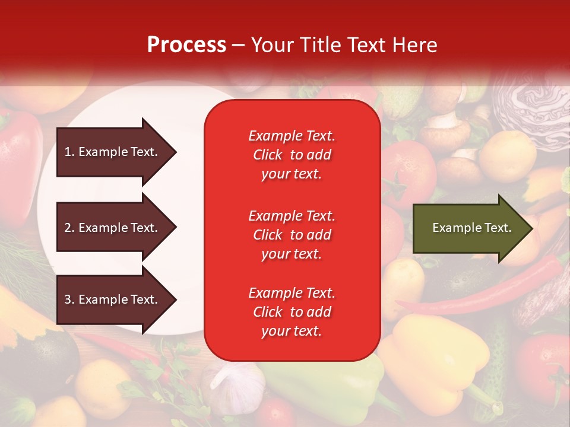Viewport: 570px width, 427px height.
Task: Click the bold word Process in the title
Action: (186, 45)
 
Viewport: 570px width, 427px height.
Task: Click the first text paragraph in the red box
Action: (292, 155)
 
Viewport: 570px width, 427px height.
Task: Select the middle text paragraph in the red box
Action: (292, 235)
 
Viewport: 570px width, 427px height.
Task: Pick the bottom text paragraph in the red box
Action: (292, 312)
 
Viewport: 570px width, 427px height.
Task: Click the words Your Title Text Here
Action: (344, 45)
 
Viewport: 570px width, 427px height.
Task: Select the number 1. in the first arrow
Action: (69, 152)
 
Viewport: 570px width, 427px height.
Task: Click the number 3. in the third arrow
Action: (69, 299)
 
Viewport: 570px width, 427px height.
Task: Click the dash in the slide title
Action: (238, 45)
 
